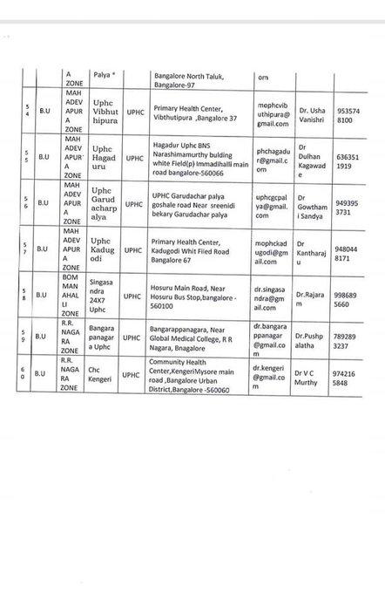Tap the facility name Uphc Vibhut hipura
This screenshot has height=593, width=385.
(x=105, y=113)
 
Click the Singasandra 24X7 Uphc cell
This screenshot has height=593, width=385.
(x=105, y=295)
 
